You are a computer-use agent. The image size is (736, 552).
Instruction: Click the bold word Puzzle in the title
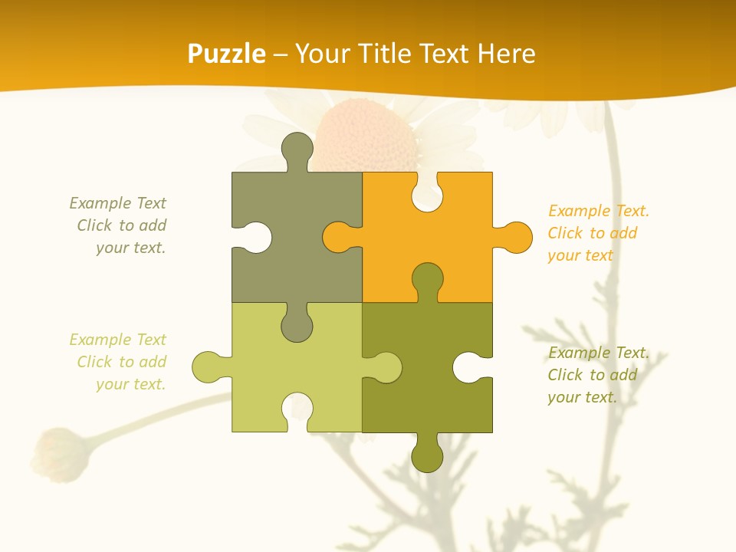227,54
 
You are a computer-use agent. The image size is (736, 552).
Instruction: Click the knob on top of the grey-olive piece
297,149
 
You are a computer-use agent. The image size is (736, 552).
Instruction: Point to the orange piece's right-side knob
515,237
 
